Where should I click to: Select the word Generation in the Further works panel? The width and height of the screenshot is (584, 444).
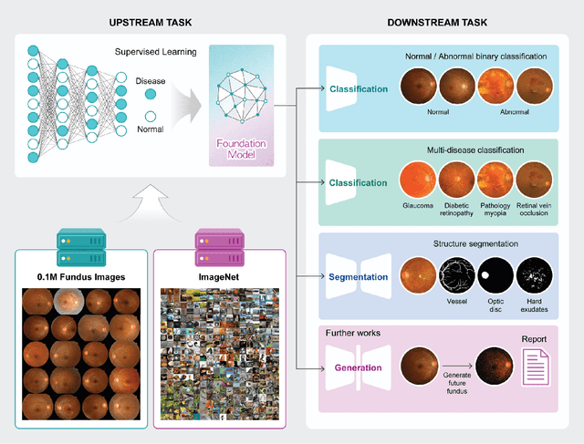[359, 369]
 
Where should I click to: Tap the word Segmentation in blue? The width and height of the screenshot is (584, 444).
[358, 275]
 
